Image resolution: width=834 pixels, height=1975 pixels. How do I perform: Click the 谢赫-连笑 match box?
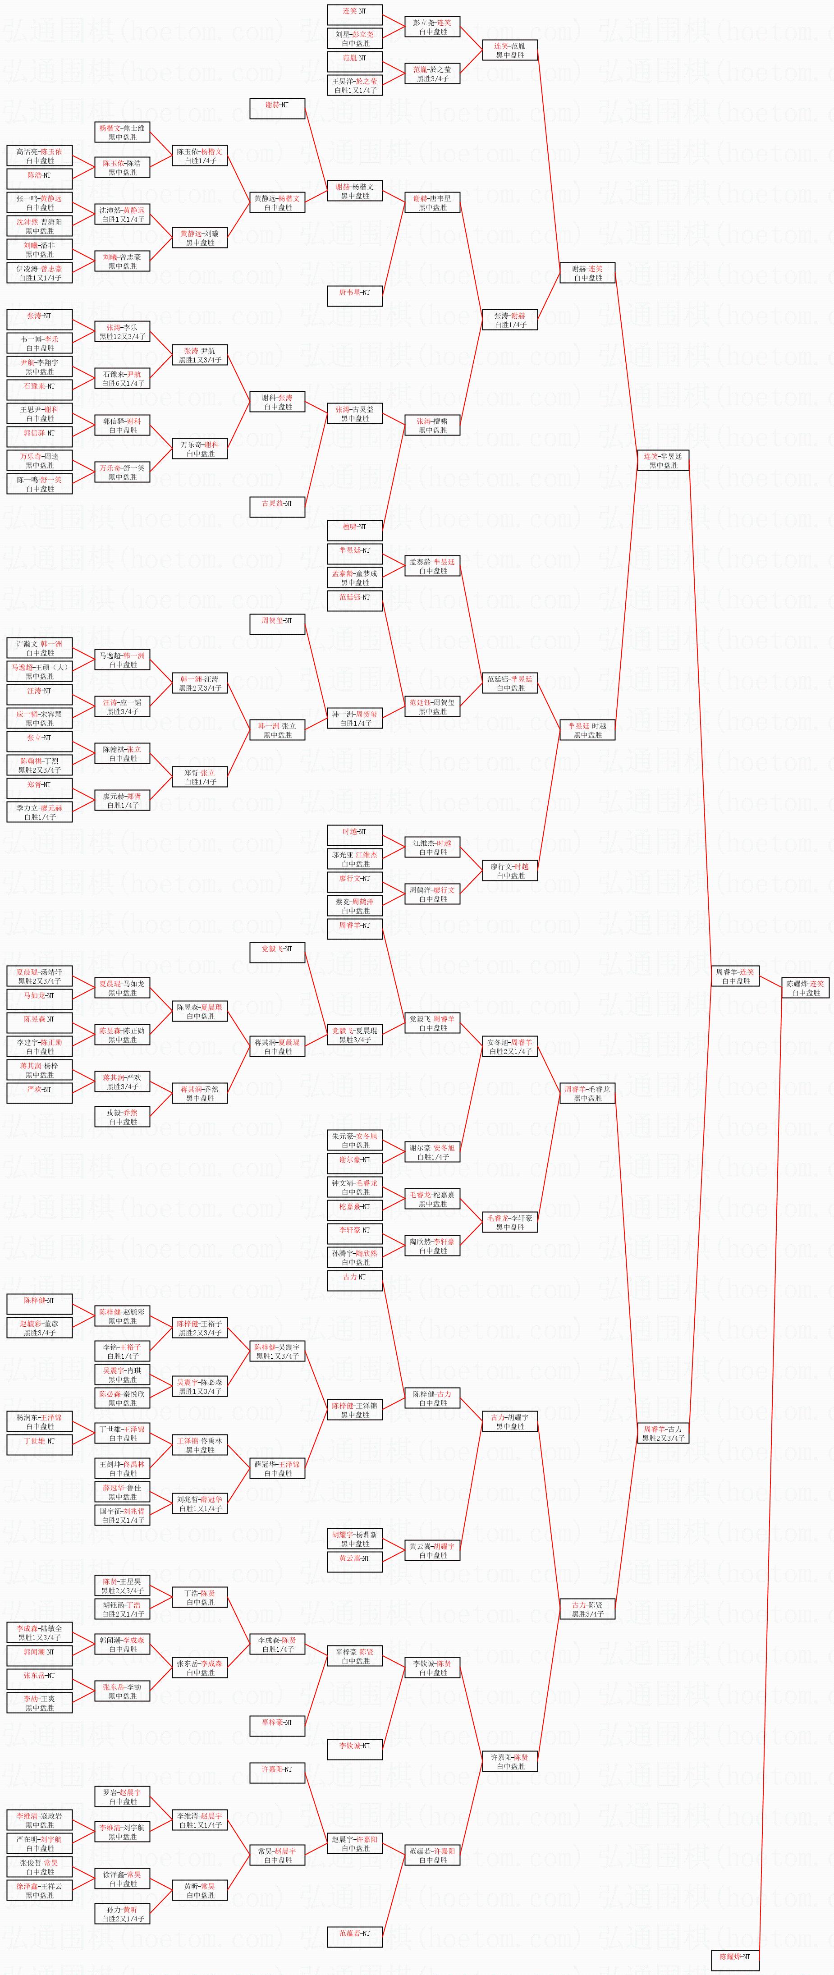pos(588,273)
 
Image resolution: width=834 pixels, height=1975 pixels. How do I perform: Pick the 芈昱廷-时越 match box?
pos(588,730)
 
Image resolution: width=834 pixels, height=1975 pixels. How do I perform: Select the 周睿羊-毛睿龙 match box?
pos(588,1093)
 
